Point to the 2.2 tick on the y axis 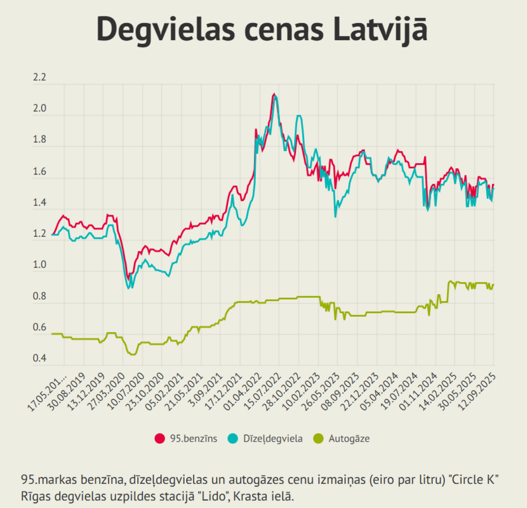coord(39,78)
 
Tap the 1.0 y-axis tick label coord(39,265)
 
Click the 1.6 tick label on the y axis coord(39,171)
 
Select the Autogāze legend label coord(349,438)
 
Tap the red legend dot coord(160,438)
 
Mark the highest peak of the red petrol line coord(274,95)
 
